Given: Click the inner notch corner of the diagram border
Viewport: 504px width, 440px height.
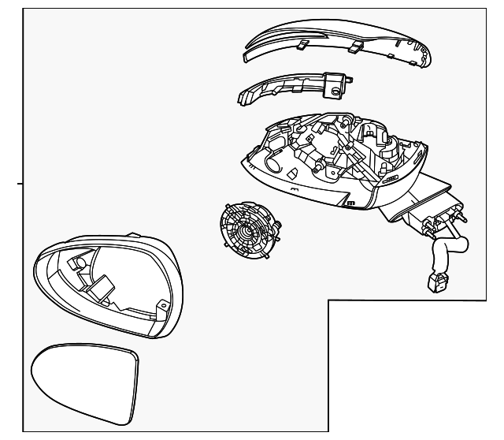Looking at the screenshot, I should [x=328, y=300].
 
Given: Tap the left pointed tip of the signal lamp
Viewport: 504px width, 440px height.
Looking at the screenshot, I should [x=239, y=99].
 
